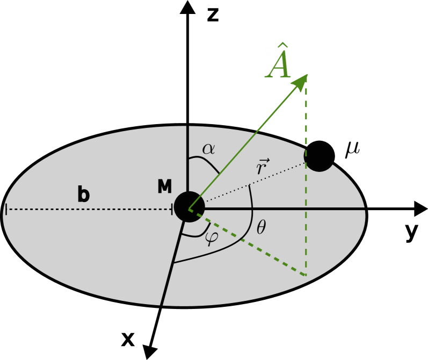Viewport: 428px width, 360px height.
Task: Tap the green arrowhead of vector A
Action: (301, 82)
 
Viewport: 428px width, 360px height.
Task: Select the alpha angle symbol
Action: (208, 148)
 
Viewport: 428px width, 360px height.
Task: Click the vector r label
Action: (262, 167)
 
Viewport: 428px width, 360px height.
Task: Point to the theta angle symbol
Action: (261, 228)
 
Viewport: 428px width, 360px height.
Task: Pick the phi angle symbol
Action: (211, 237)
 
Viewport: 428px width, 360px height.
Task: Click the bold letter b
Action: (83, 195)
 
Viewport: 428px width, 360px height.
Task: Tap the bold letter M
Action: (164, 187)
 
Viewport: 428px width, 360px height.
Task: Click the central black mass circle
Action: (189, 207)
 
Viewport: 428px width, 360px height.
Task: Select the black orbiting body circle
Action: (320, 156)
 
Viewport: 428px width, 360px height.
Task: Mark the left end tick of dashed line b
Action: (6, 209)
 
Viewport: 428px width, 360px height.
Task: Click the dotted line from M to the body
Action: (252, 183)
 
